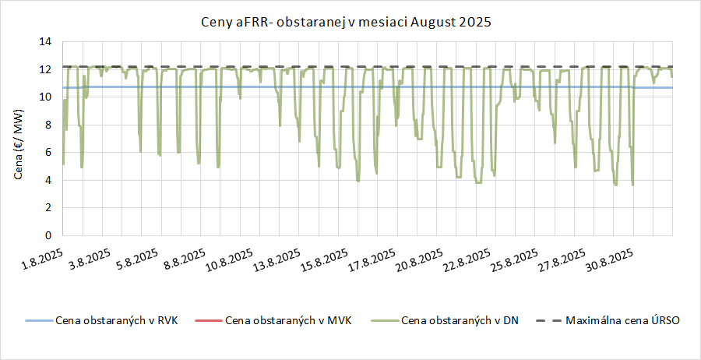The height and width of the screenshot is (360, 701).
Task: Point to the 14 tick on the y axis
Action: (45, 41)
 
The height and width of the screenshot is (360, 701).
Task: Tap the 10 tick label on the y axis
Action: (45, 97)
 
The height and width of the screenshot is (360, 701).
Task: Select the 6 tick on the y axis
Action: (48, 152)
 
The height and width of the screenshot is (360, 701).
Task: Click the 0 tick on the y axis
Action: (48, 235)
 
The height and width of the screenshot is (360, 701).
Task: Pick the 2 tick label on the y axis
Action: (48, 207)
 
